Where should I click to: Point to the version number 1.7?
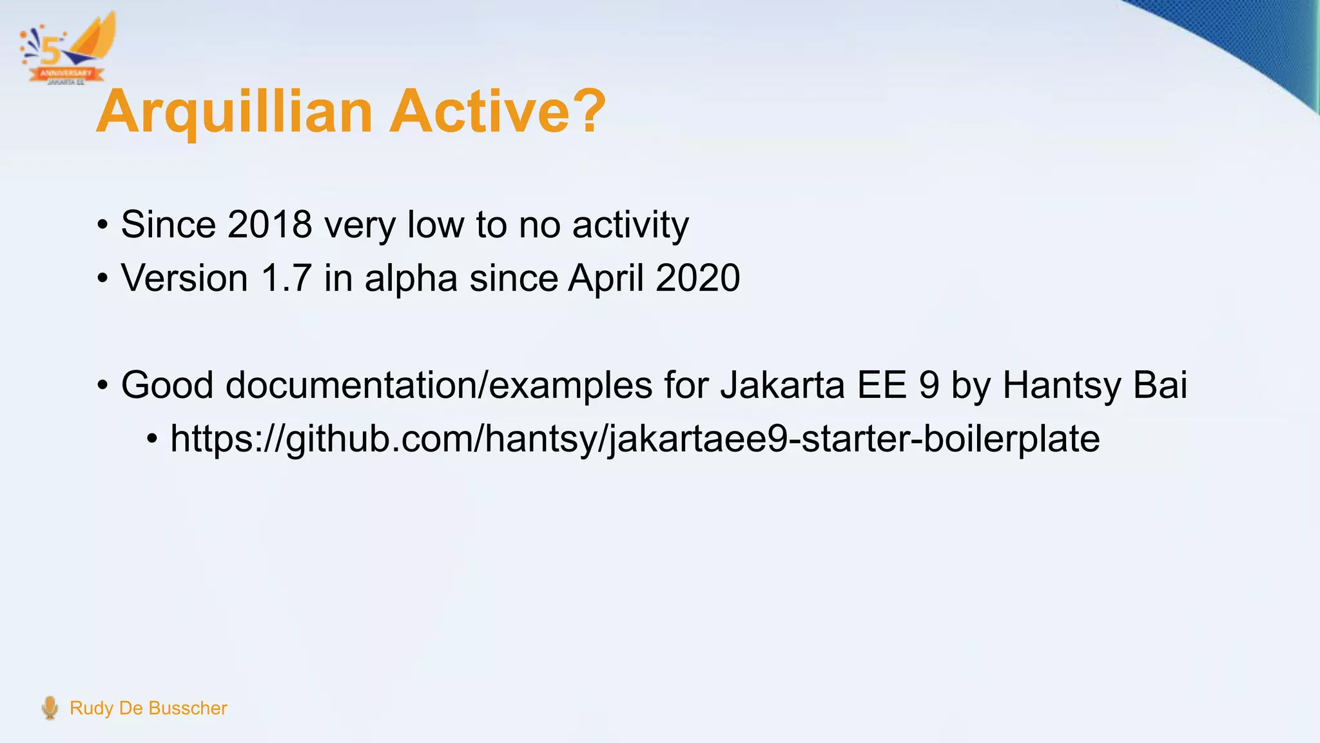click(x=286, y=279)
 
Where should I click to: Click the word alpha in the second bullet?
click(x=411, y=279)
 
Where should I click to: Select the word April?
click(x=605, y=279)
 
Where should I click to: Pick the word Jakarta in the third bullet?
click(x=782, y=385)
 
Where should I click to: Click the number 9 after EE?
click(x=929, y=385)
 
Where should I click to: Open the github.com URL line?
click(x=635, y=439)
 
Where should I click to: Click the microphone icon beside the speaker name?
click(x=50, y=708)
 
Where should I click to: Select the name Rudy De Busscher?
click(x=148, y=708)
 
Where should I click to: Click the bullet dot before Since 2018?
click(x=102, y=226)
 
